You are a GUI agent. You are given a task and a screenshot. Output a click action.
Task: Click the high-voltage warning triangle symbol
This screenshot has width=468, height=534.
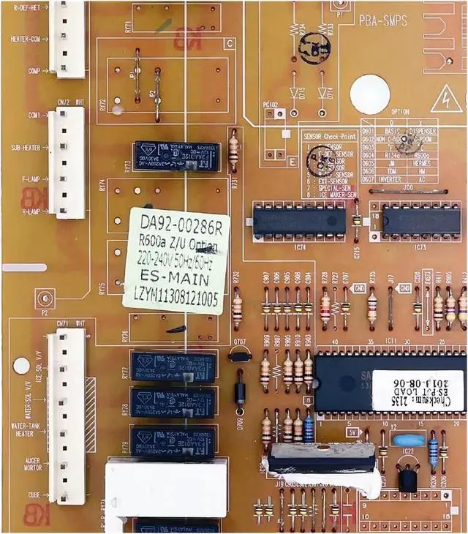click(442, 99)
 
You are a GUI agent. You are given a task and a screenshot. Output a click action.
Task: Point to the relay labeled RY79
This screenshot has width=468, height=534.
click(173, 441)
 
